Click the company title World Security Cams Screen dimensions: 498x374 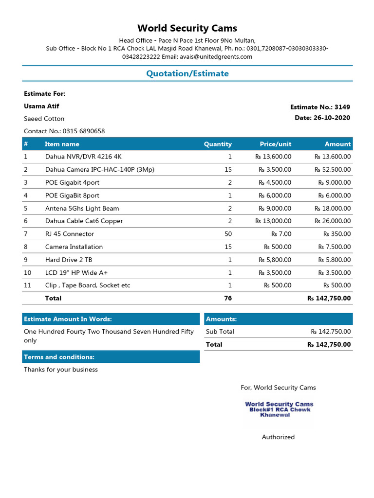tap(187, 28)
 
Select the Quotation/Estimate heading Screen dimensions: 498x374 tap(187, 73)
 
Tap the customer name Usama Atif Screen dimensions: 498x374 tap(41, 106)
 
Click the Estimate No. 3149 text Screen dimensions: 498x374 tap(320, 107)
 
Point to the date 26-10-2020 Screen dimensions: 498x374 tap(322, 118)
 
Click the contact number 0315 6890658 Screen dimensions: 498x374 tap(64, 131)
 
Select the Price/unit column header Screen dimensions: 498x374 tap(275, 144)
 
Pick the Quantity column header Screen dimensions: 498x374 tap(218, 144)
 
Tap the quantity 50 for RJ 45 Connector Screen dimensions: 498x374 tap(228, 234)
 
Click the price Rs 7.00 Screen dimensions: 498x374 tap(281, 234)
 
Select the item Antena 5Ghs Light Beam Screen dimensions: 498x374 tap(82, 208)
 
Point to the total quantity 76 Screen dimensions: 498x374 tap(228, 298)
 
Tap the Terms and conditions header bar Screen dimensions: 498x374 tap(111, 357)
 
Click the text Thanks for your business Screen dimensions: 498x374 tap(61, 370)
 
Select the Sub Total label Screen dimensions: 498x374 tap(220, 332)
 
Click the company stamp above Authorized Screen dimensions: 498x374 tap(279, 409)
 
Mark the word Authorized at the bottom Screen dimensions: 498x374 tap(278, 437)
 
